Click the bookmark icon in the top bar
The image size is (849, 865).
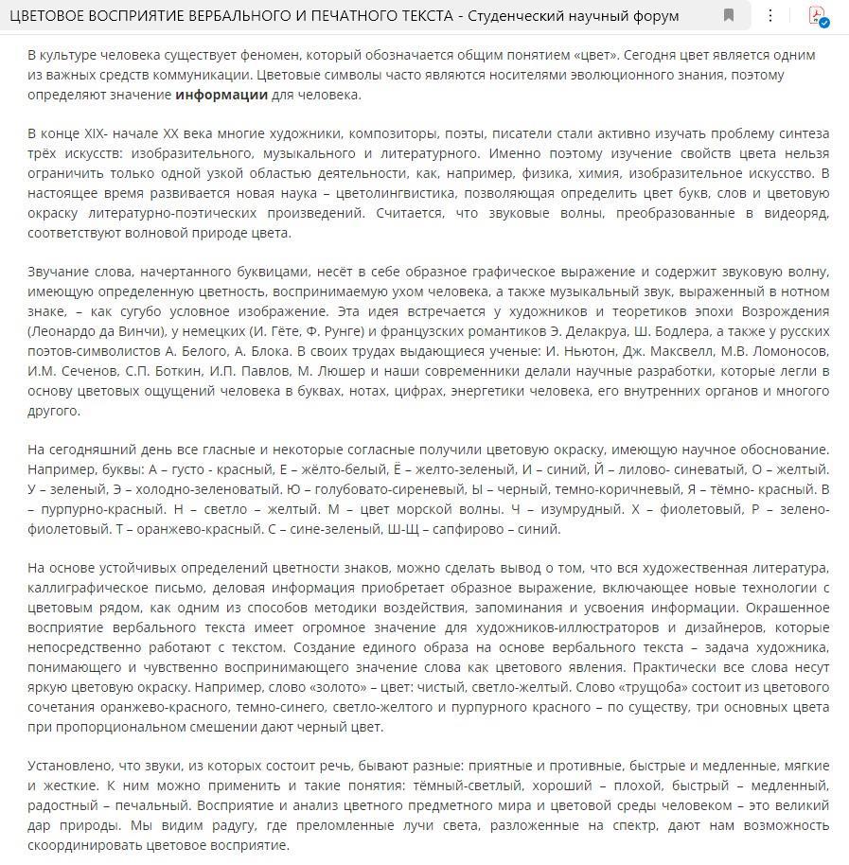click(729, 15)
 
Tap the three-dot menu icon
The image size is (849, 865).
click(770, 15)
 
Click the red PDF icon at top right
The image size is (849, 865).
click(817, 15)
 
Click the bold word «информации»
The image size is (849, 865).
click(221, 95)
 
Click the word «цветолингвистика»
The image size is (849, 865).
click(384, 193)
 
